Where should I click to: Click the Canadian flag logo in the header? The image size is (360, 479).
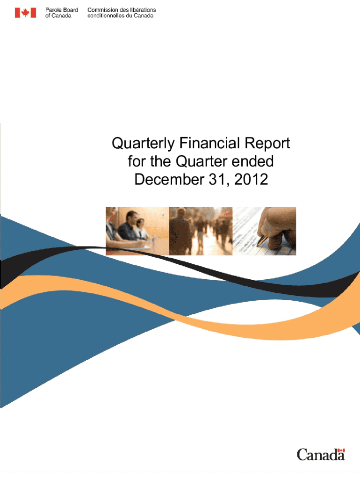[25, 13]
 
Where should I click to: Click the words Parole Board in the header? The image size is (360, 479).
[62, 10]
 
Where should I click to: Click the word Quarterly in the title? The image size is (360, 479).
[143, 144]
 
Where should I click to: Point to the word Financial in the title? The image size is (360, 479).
[209, 143]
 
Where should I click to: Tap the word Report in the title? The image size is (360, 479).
[267, 144]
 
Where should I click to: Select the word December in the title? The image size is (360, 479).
[169, 179]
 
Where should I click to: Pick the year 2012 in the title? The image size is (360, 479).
[251, 179]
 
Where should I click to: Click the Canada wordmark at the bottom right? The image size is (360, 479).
[321, 455]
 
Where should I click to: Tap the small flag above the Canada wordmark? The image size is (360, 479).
[341, 450]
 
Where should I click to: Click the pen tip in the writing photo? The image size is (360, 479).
[258, 245]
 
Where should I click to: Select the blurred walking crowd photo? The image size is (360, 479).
[201, 231]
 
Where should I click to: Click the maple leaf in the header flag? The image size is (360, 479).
[25, 13]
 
